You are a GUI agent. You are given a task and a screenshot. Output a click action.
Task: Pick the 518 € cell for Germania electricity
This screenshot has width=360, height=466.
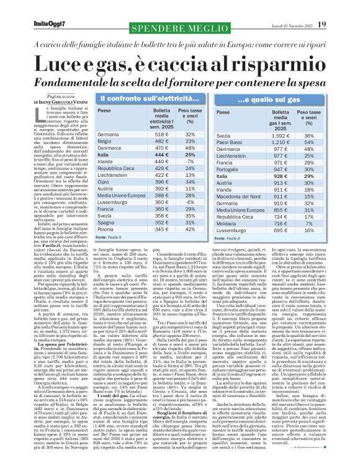point(162,134)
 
